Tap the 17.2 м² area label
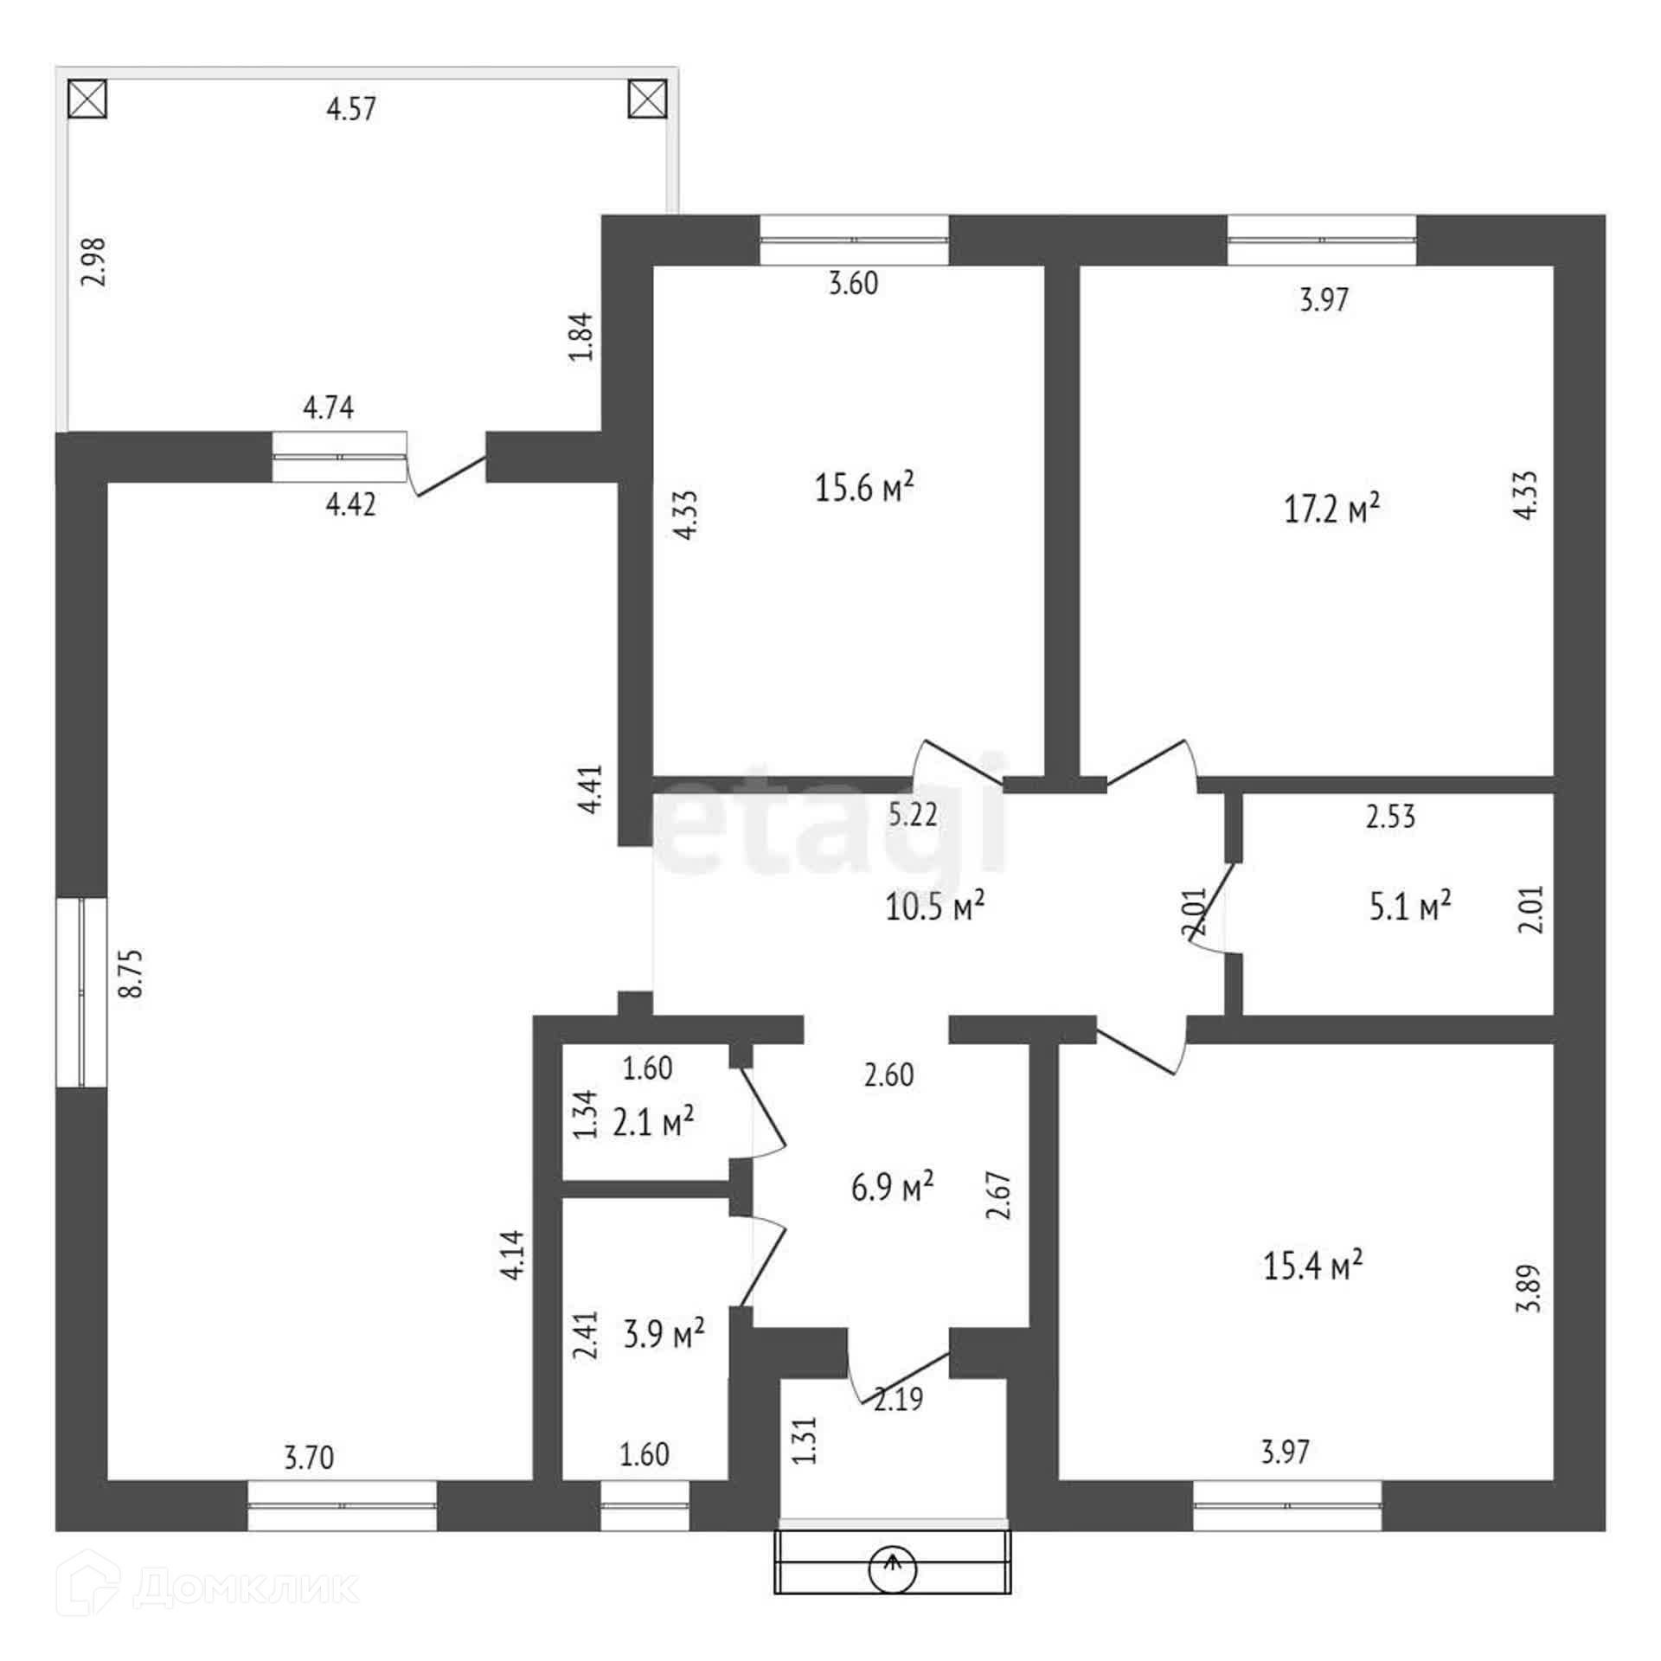click(x=1331, y=510)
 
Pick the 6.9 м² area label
click(x=892, y=1187)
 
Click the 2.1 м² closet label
click(x=653, y=1123)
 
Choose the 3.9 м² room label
click(x=664, y=1333)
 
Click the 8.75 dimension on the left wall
click(x=131, y=974)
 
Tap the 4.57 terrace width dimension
click(x=351, y=109)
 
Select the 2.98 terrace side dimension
click(x=92, y=261)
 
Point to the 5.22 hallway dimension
click(x=913, y=815)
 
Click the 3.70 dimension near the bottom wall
click(x=309, y=1458)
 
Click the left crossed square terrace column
click(x=87, y=99)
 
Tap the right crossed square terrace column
click(x=647, y=99)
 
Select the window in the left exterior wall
click(x=81, y=992)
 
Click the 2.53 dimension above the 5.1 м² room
click(x=1390, y=817)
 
